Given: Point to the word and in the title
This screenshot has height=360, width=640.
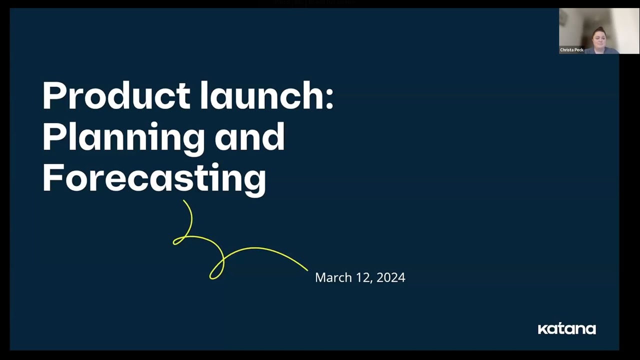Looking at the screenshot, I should (250, 136).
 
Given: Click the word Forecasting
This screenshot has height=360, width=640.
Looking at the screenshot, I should (154, 177).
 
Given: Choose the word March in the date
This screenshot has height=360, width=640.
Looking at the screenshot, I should (333, 277).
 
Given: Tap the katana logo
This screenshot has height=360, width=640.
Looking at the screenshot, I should (566, 329).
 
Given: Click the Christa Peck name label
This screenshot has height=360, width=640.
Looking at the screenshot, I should (571, 50).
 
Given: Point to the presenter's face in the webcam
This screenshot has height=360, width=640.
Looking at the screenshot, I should (599, 37).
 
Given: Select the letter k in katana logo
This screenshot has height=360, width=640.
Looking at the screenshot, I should (541, 329).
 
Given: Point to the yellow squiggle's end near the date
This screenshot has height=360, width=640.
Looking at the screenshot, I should (307, 270).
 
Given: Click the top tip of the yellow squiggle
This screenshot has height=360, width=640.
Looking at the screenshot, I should (183, 201).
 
